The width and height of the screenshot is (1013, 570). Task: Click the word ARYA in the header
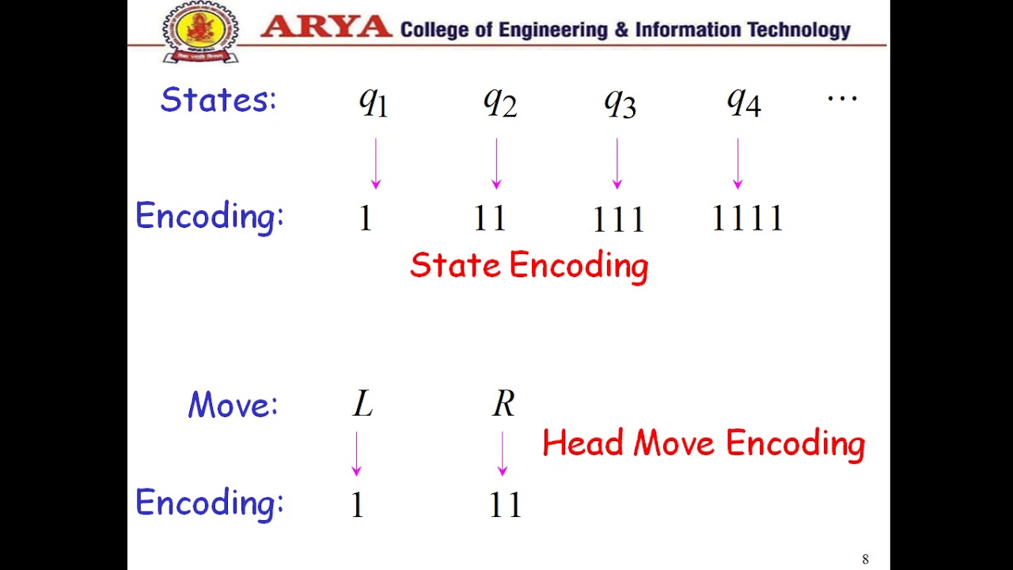326,28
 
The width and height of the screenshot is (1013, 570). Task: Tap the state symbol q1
374,101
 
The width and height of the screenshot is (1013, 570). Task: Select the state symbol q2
499,101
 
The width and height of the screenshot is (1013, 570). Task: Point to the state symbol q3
620,101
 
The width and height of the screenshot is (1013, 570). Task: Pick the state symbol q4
743,101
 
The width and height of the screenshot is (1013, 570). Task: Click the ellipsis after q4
842,99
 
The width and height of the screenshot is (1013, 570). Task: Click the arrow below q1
376,164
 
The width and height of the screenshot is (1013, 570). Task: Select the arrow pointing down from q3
617,164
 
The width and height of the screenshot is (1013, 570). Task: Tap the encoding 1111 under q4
747,218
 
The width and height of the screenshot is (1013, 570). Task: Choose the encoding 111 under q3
618,219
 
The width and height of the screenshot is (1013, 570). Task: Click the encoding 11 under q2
489,218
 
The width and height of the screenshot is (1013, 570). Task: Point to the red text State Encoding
529,266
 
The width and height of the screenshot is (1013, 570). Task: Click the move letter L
362,405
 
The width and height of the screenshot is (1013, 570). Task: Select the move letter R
503,405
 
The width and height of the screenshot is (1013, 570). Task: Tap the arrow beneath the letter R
503,454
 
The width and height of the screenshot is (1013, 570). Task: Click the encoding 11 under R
505,505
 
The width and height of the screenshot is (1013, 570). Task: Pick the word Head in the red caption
583,443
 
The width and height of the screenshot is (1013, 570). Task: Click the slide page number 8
865,560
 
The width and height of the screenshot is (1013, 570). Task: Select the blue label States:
218,100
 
